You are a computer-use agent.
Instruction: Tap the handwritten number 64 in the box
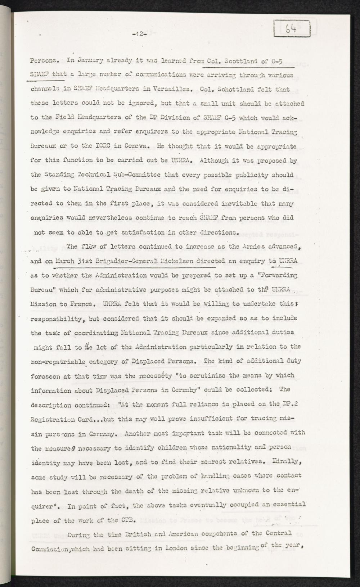click(292, 28)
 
